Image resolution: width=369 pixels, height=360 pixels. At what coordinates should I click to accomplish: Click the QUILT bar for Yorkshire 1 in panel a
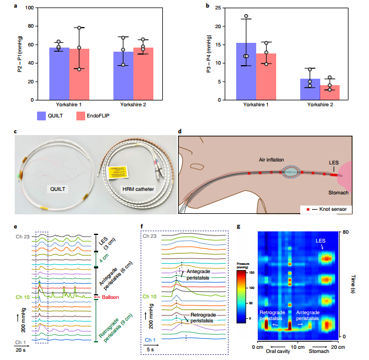[x=59, y=73]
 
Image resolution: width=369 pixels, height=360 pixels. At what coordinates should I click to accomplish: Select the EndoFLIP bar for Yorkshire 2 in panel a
[x=143, y=73]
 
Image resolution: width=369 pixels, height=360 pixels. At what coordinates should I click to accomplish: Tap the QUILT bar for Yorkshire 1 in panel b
[x=246, y=71]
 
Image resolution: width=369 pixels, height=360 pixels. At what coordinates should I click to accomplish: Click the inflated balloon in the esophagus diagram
[x=292, y=171]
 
